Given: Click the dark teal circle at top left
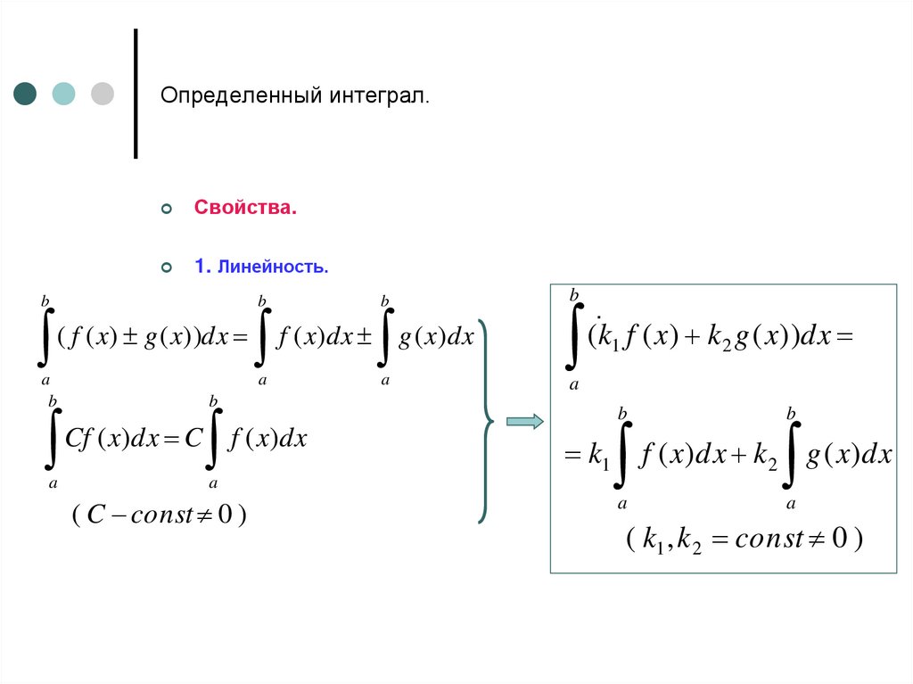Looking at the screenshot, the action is click(26, 94).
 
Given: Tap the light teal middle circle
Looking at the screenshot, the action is click(64, 94).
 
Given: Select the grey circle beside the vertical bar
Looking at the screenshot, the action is click(103, 94).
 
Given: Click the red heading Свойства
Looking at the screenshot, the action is click(245, 209).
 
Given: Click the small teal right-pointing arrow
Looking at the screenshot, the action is click(525, 422).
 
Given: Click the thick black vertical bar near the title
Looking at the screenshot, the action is click(136, 94).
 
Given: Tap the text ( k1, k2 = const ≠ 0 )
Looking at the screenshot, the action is click(744, 540).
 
